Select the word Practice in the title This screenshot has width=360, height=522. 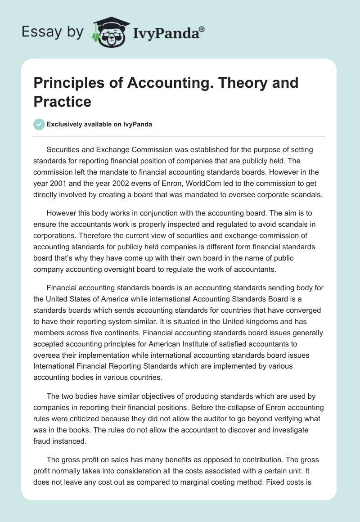(63, 101)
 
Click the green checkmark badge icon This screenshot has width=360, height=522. (39, 124)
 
